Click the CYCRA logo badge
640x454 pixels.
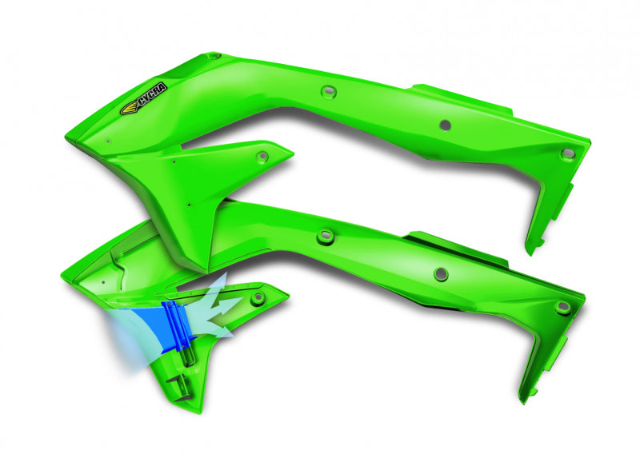(138, 104)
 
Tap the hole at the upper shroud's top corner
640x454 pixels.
(214, 57)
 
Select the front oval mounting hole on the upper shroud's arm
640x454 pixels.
(326, 92)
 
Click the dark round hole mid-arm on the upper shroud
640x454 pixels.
(445, 125)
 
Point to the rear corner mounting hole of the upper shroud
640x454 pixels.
(568, 152)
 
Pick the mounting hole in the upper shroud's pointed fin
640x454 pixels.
(262, 156)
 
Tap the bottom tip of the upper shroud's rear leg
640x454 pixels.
(530, 250)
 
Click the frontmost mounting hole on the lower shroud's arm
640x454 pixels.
(325, 236)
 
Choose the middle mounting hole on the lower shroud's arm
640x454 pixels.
(440, 274)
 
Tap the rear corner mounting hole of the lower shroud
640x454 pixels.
(562, 307)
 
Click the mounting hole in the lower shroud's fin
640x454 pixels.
(258, 298)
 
